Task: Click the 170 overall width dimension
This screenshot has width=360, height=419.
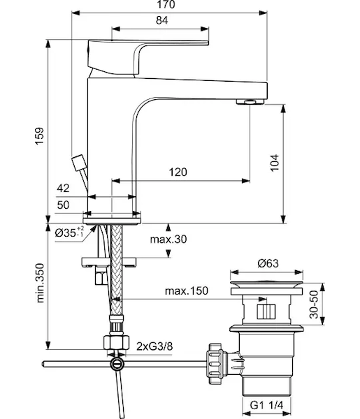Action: (166, 5)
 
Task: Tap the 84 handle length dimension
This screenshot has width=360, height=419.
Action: (162, 20)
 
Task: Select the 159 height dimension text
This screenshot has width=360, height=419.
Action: (39, 136)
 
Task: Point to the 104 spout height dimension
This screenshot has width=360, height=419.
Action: (275, 163)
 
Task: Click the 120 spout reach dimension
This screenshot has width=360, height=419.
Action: (178, 172)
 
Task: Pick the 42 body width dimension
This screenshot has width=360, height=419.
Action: (63, 189)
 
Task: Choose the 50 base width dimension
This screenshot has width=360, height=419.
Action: (63, 205)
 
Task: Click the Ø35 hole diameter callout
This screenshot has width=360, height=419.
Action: (69, 233)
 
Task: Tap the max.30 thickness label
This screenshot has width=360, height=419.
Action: (168, 239)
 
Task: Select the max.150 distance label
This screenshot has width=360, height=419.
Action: (187, 291)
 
